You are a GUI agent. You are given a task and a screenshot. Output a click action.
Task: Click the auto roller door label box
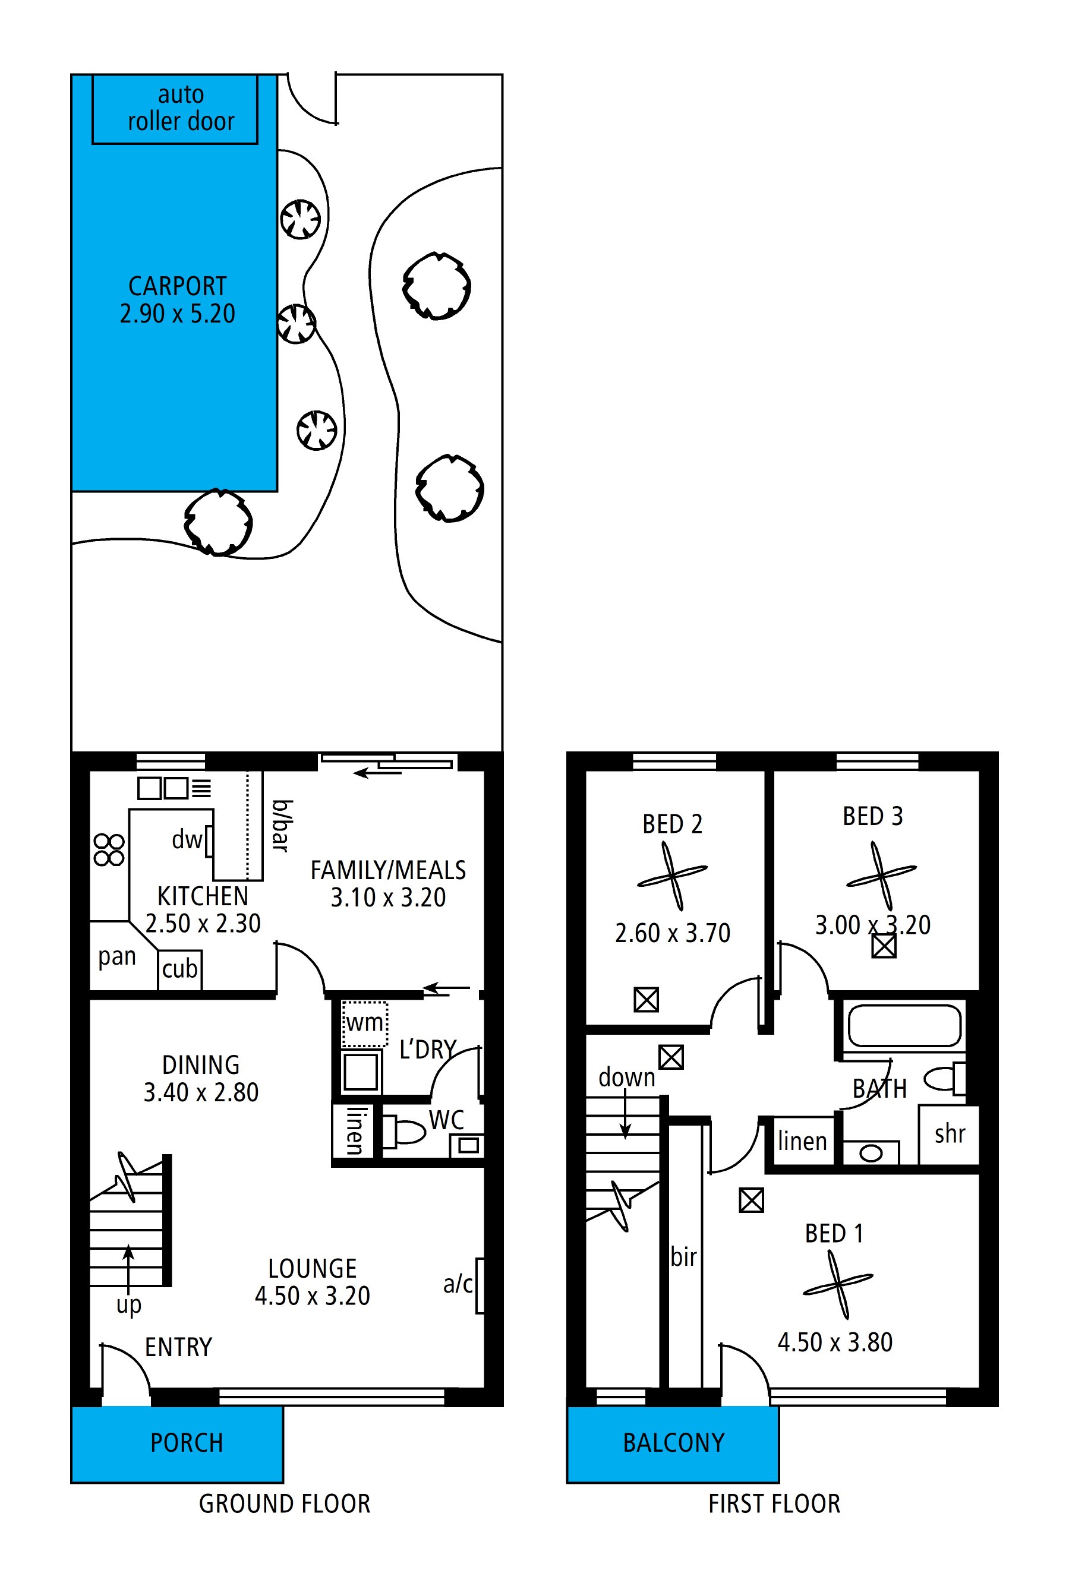[x=175, y=108]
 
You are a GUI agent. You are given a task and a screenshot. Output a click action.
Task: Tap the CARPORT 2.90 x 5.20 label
[x=177, y=300]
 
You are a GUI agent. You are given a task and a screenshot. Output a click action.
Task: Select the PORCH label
[x=187, y=1442]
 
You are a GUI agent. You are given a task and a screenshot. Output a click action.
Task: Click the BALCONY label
[x=673, y=1442]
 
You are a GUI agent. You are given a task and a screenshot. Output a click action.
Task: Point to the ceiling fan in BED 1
[x=837, y=1285]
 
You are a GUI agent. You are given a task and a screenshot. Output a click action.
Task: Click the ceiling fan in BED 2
[x=672, y=876]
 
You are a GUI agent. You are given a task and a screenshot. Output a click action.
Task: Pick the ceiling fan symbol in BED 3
[x=881, y=876]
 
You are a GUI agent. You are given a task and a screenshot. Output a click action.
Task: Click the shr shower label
[x=950, y=1133]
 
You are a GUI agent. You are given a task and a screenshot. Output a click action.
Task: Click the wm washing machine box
[x=364, y=1024]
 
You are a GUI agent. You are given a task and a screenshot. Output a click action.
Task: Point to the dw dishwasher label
[x=187, y=840]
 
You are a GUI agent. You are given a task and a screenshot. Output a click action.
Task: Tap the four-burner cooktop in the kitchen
[x=109, y=849]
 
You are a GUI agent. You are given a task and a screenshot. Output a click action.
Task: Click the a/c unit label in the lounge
[x=458, y=1284]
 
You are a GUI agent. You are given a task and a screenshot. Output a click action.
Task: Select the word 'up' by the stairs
[x=129, y=1306]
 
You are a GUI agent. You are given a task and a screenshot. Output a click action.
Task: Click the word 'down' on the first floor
[x=626, y=1077]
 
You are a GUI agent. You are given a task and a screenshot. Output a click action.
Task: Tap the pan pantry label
[x=116, y=957]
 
